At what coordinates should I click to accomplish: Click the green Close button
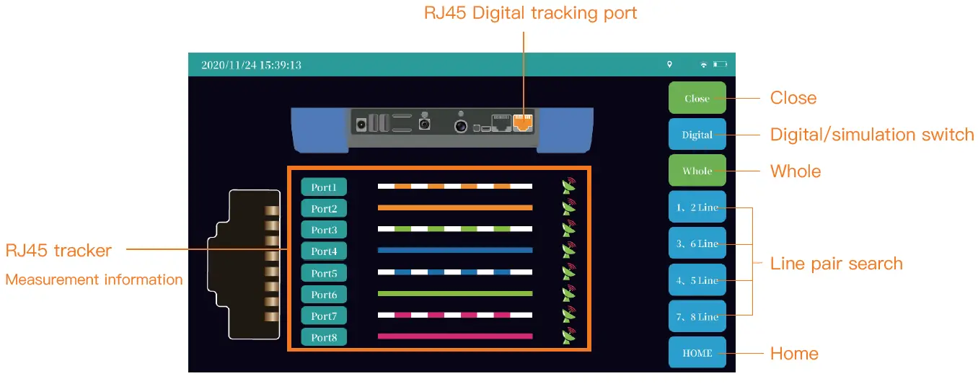[697, 98]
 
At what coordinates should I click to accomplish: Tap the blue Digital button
[697, 135]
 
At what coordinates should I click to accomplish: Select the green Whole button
[697, 171]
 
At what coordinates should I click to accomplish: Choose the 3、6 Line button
[697, 243]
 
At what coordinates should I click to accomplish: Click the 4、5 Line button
[697, 280]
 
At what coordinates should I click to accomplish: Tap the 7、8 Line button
[697, 316]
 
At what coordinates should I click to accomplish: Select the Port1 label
[324, 187]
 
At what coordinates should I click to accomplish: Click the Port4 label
[324, 251]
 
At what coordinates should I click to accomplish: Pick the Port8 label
[324, 337]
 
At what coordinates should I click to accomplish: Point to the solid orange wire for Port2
[454, 207]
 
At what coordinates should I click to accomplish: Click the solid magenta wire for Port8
[454, 336]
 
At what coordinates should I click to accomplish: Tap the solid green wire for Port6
[454, 294]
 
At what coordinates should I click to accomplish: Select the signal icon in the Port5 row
[569, 272]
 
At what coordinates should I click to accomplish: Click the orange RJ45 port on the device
[522, 122]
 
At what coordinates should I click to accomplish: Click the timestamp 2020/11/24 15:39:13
[251, 65]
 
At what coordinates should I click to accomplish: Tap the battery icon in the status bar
[720, 65]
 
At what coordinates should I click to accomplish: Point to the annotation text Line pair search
[836, 264]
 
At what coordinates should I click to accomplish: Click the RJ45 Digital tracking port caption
[530, 13]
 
